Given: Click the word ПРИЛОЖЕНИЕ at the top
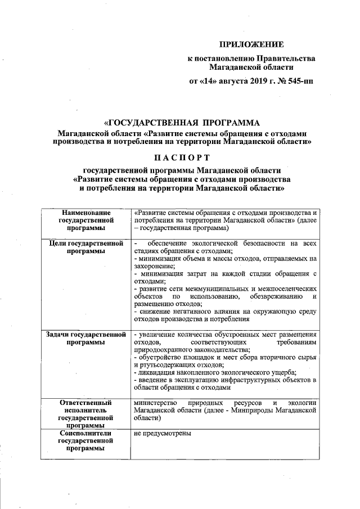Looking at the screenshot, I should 251,43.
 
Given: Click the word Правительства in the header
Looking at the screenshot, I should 286,58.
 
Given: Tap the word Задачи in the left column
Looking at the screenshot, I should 61,335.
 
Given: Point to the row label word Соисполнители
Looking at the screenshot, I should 84,434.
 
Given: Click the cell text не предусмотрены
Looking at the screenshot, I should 163,434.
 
